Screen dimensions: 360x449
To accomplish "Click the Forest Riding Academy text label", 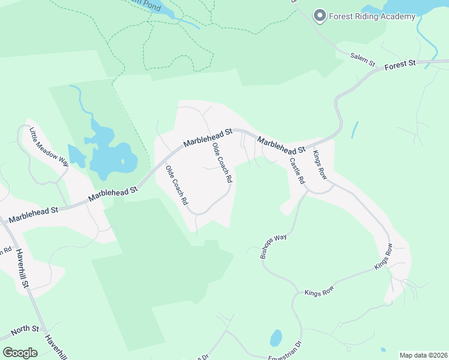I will pos(372,16).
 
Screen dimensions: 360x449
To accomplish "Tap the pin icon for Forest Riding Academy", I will pos(320,16).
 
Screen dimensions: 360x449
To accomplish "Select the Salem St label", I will pos(363,59).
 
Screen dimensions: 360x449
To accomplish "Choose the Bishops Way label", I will pos(274,246).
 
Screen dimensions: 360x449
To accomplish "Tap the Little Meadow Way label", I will pos(41,146).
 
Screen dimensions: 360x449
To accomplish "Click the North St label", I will pos(25,329).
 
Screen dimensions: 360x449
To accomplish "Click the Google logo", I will pos(20,352).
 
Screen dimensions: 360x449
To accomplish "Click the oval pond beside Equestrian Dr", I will pos(276,338).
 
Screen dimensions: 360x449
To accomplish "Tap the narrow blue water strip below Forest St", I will pos(355,130).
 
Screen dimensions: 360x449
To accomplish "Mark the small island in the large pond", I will pos(122,161).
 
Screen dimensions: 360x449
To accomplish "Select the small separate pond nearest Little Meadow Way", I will pos(77,156).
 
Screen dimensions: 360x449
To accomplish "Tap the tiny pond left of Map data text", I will pos(383,349).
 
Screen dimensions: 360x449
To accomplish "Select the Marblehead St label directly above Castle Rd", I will pos(282,145).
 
